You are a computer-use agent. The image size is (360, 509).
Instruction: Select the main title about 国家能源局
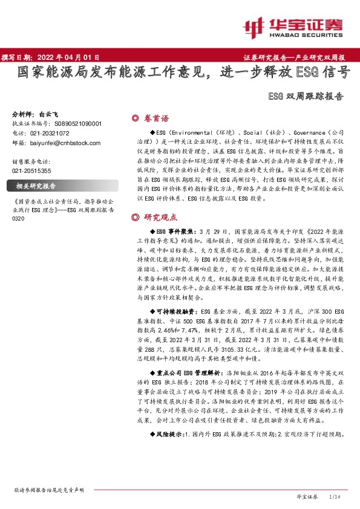click(183, 74)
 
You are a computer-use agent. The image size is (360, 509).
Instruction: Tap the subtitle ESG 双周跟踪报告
click(305, 95)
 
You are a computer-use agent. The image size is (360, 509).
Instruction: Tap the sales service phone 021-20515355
click(32, 171)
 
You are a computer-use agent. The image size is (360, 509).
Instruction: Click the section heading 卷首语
click(157, 118)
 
